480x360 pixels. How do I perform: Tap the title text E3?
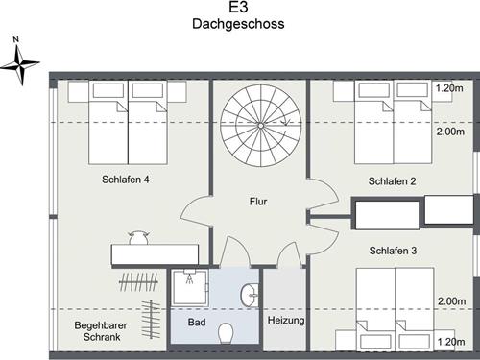[x=238, y=7]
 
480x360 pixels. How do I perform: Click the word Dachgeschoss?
[x=238, y=24]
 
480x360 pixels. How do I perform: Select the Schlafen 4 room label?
[x=126, y=180]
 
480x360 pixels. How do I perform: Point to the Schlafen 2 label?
[x=392, y=181]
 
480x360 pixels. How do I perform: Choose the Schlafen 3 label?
[x=393, y=251]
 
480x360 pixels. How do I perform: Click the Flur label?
[x=258, y=202]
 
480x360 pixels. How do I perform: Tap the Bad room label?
[x=197, y=322]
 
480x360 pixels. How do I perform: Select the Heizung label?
[x=286, y=321]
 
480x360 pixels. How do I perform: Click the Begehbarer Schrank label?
[x=101, y=331]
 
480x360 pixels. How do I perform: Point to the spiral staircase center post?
[x=261, y=126]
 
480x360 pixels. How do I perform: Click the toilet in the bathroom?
[x=226, y=333]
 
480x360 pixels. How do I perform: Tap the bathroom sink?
[x=250, y=296]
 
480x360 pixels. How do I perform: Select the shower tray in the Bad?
[x=190, y=287]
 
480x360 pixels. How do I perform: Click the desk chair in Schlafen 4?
[x=138, y=237]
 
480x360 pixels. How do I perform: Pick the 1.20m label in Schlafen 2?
[x=449, y=88]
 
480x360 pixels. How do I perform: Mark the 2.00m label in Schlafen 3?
[x=451, y=301]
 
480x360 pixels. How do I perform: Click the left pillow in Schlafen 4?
[x=108, y=90]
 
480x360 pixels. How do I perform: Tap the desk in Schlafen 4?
[x=156, y=254]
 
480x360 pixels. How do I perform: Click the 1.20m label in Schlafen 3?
[x=451, y=342]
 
